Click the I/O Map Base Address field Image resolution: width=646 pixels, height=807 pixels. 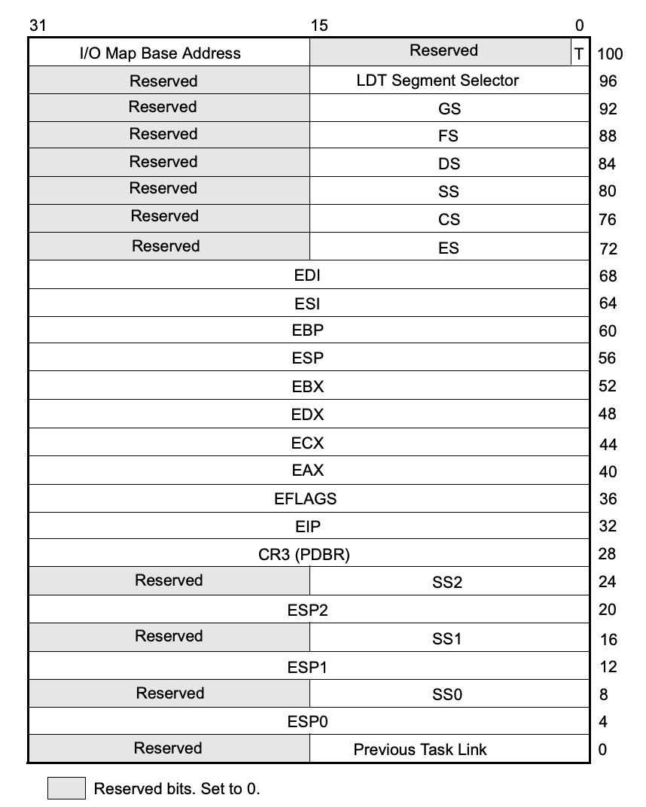click(x=160, y=53)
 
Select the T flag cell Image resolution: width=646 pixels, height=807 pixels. click(x=579, y=53)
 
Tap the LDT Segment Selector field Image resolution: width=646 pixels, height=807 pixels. click(x=437, y=81)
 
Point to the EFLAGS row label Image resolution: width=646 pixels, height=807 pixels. click(x=306, y=498)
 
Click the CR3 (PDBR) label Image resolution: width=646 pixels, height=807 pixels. click(x=304, y=555)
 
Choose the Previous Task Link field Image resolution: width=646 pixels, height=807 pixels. click(x=420, y=750)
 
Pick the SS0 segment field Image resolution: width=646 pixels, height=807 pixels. click(x=447, y=694)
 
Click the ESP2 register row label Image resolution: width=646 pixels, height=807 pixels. click(x=307, y=611)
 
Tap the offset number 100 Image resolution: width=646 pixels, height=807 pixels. click(x=610, y=54)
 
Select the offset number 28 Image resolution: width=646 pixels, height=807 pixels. click(x=607, y=555)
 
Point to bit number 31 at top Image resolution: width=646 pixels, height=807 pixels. click(x=38, y=26)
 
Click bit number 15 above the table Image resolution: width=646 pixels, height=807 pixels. click(x=319, y=26)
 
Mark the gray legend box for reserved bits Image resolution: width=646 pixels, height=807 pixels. click(x=66, y=789)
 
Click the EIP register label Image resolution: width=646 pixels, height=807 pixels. click(x=308, y=526)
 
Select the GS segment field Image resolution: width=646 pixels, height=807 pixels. click(x=449, y=109)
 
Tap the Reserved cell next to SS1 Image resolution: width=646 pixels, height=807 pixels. click(x=169, y=637)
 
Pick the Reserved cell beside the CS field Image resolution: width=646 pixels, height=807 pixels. click(x=164, y=217)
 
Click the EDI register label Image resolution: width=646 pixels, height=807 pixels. click(x=307, y=276)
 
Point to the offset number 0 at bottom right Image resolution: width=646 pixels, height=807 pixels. click(x=603, y=750)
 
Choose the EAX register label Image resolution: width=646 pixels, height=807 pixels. click(x=307, y=470)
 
